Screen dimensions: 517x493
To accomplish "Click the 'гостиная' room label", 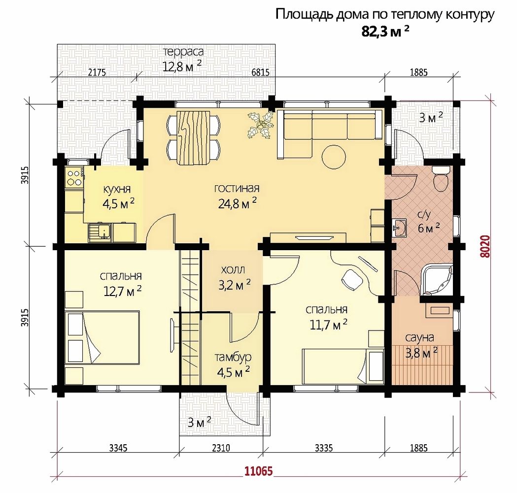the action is [237, 189].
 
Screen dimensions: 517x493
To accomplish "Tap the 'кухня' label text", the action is [117, 190].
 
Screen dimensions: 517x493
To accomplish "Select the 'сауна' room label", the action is [419, 337].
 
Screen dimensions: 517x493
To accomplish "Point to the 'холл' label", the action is [233, 270].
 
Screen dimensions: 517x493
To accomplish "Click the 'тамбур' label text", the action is [233, 357].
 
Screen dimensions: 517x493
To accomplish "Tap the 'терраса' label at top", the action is [183, 52].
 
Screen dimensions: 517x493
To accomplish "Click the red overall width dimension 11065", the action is [259, 471].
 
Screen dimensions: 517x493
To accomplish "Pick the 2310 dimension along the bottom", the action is [221, 448].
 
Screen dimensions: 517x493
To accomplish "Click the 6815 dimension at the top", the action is [261, 72].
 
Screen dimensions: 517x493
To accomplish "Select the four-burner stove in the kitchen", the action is [74, 177].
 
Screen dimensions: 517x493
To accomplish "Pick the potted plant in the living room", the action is [261, 125].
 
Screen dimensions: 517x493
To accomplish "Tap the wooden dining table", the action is [194, 138].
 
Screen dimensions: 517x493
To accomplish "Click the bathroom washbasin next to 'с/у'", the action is [400, 227].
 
